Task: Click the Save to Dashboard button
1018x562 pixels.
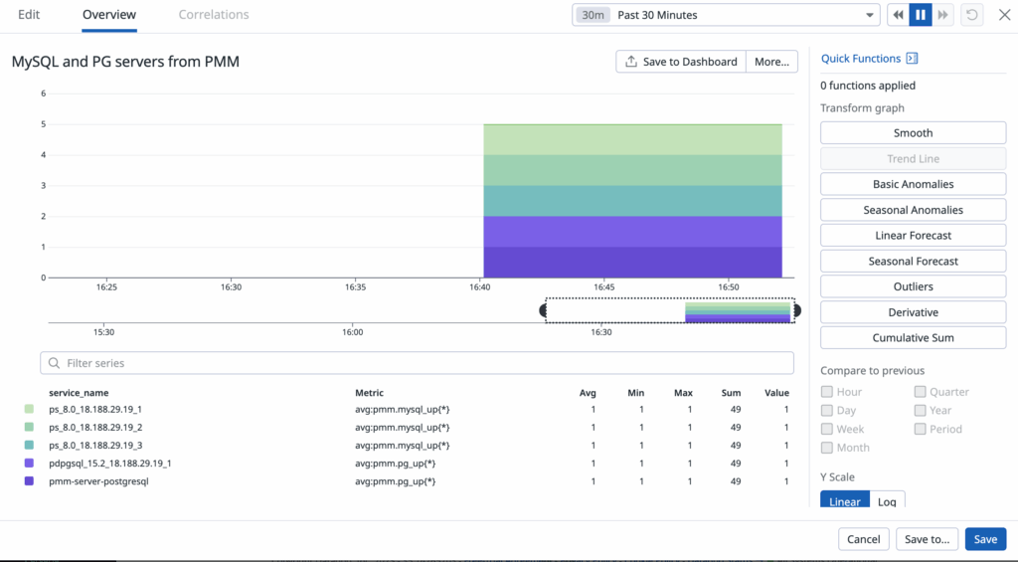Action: [681, 62]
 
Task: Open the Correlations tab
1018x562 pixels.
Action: [214, 15]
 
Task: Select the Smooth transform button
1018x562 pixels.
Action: [913, 133]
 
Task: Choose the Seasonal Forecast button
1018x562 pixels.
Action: [913, 262]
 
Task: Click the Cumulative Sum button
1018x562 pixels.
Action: [913, 338]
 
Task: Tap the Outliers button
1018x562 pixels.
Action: [913, 286]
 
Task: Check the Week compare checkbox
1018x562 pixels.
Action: [827, 430]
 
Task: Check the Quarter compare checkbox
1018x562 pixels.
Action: [921, 392]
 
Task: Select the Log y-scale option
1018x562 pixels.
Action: [887, 501]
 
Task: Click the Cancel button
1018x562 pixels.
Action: [863, 539]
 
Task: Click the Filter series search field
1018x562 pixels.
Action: [417, 363]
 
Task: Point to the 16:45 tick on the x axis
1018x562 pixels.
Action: [604, 286]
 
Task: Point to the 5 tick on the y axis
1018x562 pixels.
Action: [43, 124]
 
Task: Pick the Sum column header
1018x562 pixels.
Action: [732, 393]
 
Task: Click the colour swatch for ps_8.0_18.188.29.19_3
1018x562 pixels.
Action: [29, 446]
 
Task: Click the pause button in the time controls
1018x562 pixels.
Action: [921, 15]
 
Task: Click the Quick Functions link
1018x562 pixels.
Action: [861, 59]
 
